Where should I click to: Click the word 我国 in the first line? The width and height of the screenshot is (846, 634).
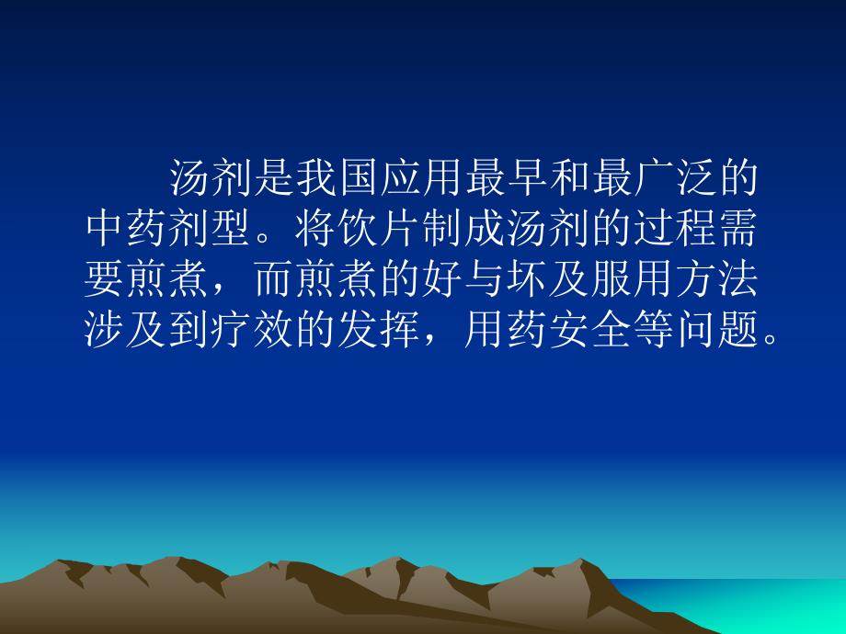point(338,179)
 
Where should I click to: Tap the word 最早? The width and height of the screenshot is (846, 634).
point(508,179)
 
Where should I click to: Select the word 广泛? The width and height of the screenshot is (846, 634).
point(676,179)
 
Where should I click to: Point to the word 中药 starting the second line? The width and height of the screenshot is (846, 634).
point(126,231)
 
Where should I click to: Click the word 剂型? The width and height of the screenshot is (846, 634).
point(211,231)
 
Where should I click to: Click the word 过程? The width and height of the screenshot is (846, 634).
point(676,231)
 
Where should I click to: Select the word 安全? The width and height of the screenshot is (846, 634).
point(591,334)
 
